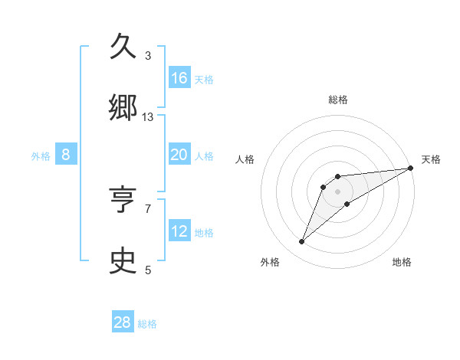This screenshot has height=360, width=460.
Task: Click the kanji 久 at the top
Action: (x=123, y=47)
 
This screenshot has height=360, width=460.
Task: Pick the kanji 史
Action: (x=123, y=260)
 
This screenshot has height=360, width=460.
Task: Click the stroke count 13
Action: (x=148, y=117)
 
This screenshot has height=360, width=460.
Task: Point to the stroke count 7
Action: (x=148, y=208)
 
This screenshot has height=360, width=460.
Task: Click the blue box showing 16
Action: (x=179, y=78)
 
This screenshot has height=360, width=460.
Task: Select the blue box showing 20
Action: (x=179, y=155)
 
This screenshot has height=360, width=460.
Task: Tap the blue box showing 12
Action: (x=179, y=231)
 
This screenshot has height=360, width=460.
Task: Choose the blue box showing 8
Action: (x=66, y=155)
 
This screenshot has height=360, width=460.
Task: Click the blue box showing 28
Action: (x=123, y=322)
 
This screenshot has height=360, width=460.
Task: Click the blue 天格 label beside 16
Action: (x=204, y=79)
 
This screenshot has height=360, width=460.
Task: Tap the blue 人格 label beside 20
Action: (x=204, y=155)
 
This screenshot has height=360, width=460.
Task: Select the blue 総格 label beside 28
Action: (x=147, y=324)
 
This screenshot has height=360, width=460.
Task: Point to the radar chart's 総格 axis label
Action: (x=337, y=100)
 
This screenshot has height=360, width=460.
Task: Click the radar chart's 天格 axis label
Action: (x=431, y=159)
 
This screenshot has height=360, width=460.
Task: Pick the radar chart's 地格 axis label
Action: (x=402, y=262)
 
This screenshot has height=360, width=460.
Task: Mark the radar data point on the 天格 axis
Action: (x=410, y=168)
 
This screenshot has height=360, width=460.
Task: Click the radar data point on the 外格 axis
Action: (x=301, y=242)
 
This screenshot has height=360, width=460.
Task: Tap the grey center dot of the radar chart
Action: (x=337, y=191)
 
